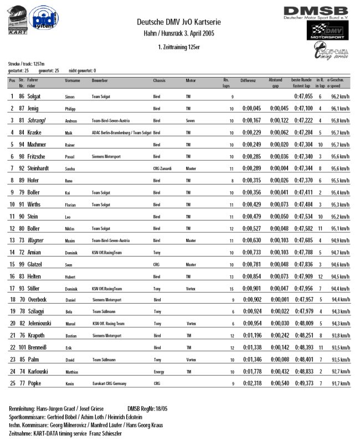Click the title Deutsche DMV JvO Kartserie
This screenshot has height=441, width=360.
[179, 22]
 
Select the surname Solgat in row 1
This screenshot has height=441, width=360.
[37, 96]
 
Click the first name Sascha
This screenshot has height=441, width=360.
[70, 168]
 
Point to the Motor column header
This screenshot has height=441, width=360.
[191, 81]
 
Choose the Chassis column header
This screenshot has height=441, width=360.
[160, 81]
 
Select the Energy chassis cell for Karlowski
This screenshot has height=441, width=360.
[159, 371]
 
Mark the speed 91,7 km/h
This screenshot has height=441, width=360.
[339, 383]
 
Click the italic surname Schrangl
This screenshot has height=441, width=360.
[39, 120]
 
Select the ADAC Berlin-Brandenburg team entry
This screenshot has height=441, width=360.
[121, 132]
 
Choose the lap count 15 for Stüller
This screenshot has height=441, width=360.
[232, 288]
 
